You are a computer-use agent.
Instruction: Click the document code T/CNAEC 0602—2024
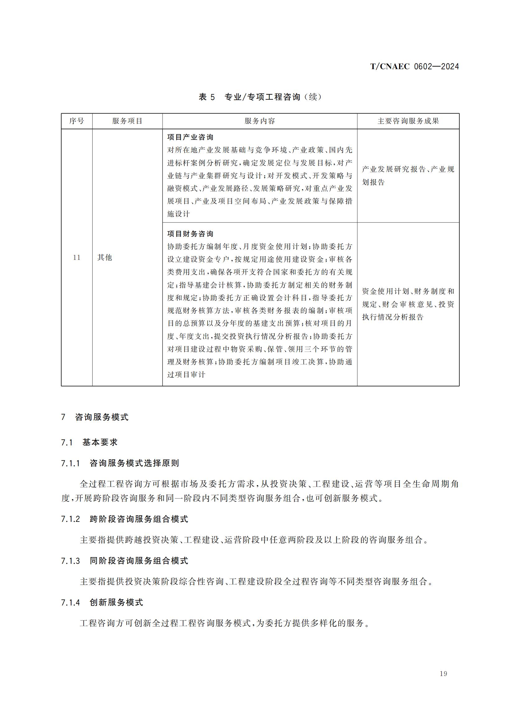click(414, 67)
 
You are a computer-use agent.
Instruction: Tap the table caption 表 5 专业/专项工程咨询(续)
click(260, 97)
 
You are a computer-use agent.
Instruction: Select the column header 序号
click(76, 121)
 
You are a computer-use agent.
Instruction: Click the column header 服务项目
click(127, 121)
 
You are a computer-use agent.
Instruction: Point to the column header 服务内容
click(259, 121)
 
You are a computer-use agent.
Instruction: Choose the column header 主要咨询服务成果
click(408, 121)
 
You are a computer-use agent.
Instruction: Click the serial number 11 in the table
click(76, 257)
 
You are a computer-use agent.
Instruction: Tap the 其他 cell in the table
click(105, 257)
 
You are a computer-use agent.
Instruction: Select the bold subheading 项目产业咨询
click(190, 137)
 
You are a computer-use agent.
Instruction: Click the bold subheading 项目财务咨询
click(190, 234)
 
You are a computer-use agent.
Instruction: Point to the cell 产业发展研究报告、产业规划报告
click(408, 175)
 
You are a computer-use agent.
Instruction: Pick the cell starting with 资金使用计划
click(408, 304)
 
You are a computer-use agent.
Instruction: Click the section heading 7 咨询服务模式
click(95, 417)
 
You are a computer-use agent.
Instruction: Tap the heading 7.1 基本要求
click(89, 442)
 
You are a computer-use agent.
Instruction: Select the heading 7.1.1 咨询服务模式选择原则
click(120, 463)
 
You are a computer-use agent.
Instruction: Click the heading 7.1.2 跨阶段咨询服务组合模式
click(124, 519)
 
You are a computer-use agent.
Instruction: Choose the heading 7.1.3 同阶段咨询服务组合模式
click(124, 561)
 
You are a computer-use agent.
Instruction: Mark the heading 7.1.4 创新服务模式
click(102, 602)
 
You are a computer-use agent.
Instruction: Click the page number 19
click(443, 674)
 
